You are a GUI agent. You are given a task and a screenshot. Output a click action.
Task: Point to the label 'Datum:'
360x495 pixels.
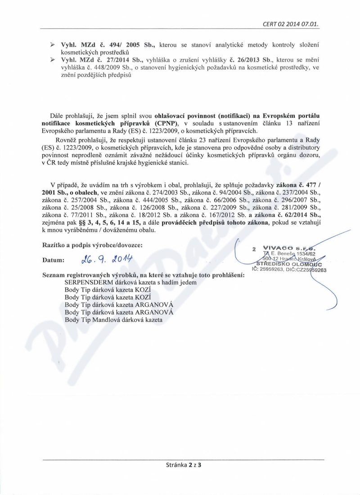coord(54,260)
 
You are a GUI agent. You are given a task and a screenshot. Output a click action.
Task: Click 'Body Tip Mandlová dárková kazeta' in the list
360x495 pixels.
coord(113,320)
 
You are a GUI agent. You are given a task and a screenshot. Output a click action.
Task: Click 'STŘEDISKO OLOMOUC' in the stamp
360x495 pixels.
coord(288,264)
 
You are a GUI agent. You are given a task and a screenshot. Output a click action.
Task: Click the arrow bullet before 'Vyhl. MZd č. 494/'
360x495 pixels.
coord(53,45)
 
